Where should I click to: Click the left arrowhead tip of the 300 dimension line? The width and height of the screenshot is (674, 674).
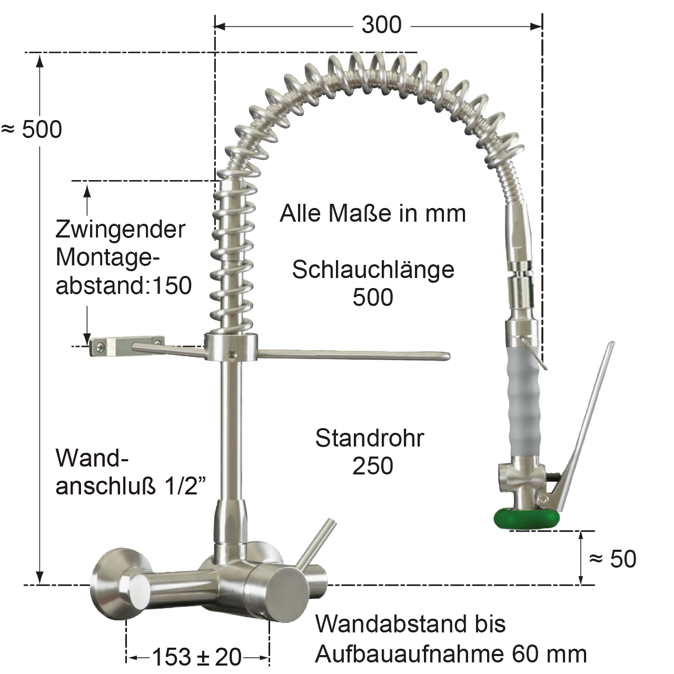(215, 26)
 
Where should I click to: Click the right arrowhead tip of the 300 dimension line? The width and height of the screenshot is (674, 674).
(542, 26)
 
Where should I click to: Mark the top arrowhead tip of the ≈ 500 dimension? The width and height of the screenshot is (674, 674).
(40, 53)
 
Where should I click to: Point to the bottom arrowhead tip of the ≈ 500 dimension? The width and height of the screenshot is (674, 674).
(40, 584)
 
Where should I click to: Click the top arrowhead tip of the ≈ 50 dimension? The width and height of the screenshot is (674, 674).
(581, 531)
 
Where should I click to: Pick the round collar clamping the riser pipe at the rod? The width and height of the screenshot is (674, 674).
(231, 347)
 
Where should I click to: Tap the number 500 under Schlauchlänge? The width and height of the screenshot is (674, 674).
(373, 298)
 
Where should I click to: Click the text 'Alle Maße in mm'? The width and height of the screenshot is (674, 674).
(373, 213)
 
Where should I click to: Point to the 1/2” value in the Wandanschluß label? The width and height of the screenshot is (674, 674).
(186, 486)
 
